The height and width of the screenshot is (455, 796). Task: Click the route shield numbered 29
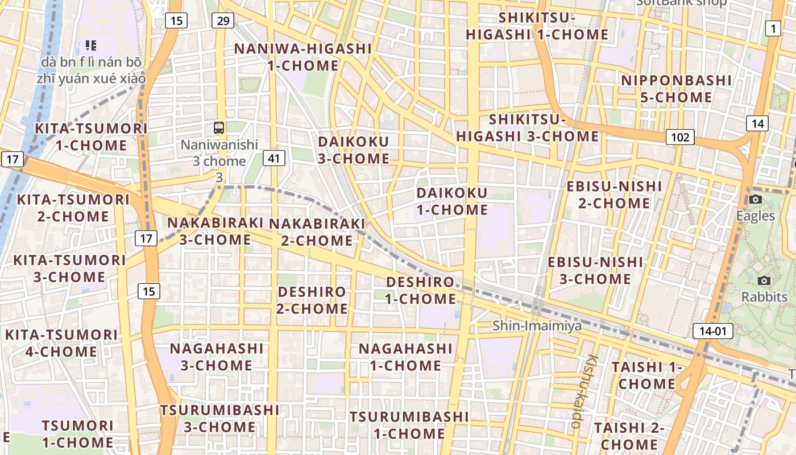pyautogui.click(x=222, y=21)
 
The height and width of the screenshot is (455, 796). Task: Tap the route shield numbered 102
pyautogui.click(x=680, y=137)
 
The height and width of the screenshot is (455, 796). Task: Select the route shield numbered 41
pyautogui.click(x=274, y=158)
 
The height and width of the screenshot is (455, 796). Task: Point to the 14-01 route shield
pyautogui.click(x=713, y=331)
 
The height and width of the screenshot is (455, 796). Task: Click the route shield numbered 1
pyautogui.click(x=773, y=28)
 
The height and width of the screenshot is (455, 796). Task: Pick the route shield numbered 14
pyautogui.click(x=757, y=123)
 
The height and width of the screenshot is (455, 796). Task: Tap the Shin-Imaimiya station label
pyautogui.click(x=537, y=326)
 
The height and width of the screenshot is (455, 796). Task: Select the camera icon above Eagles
pyautogui.click(x=756, y=199)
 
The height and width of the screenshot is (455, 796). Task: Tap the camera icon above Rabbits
pyautogui.click(x=764, y=280)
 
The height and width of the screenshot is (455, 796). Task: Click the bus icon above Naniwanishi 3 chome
pyautogui.click(x=219, y=127)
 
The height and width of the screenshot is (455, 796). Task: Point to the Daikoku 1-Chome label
pyautogui.click(x=452, y=201)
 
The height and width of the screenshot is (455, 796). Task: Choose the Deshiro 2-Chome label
pyautogui.click(x=312, y=300)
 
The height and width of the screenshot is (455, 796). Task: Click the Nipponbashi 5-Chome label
pyautogui.click(x=676, y=89)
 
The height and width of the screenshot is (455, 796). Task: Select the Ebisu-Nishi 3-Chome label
pyautogui.click(x=595, y=271)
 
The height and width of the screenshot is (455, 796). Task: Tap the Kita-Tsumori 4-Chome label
pyautogui.click(x=61, y=343)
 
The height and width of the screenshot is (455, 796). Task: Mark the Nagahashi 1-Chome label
pyautogui.click(x=405, y=357)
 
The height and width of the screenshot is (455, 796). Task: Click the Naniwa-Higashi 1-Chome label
pyautogui.click(x=303, y=57)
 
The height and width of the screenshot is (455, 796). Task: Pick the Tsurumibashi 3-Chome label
pyautogui.click(x=219, y=418)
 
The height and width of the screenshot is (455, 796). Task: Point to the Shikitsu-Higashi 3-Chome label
pyautogui.click(x=527, y=128)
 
